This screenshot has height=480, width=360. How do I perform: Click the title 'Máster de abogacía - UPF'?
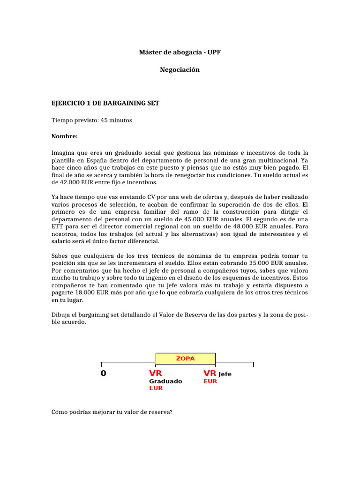click(180, 52)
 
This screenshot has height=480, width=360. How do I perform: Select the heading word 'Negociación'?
click(180, 69)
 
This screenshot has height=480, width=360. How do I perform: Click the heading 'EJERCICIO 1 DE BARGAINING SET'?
click(105, 103)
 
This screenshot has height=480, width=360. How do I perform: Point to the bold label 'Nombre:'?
click(64, 136)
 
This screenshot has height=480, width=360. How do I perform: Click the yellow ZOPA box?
click(185, 359)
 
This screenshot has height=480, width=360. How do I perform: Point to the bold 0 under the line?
click(103, 374)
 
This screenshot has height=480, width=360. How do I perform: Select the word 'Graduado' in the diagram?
click(165, 381)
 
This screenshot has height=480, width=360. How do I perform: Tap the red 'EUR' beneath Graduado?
click(156, 389)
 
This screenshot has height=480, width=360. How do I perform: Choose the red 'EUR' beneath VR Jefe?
click(210, 382)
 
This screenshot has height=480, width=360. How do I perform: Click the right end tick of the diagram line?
click(253, 364)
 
